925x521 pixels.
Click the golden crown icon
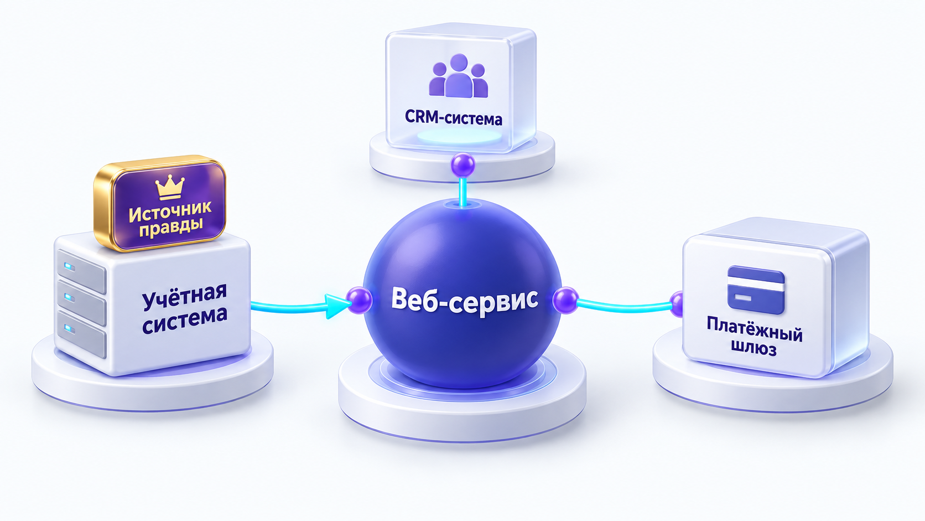click(x=169, y=187)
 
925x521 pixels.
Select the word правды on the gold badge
click(x=171, y=227)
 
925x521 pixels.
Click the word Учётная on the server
click(x=185, y=297)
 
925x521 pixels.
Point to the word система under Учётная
click(x=185, y=320)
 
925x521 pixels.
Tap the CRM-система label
click(x=454, y=118)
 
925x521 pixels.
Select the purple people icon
click(x=459, y=76)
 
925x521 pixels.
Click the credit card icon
click(x=756, y=290)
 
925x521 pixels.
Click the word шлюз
click(x=754, y=349)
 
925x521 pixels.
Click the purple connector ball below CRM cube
click(x=463, y=165)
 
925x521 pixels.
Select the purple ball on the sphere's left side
click(x=359, y=300)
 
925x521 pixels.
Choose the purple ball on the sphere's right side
click(x=565, y=300)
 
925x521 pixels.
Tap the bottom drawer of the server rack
click(x=81, y=334)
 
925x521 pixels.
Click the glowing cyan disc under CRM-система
click(x=459, y=136)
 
